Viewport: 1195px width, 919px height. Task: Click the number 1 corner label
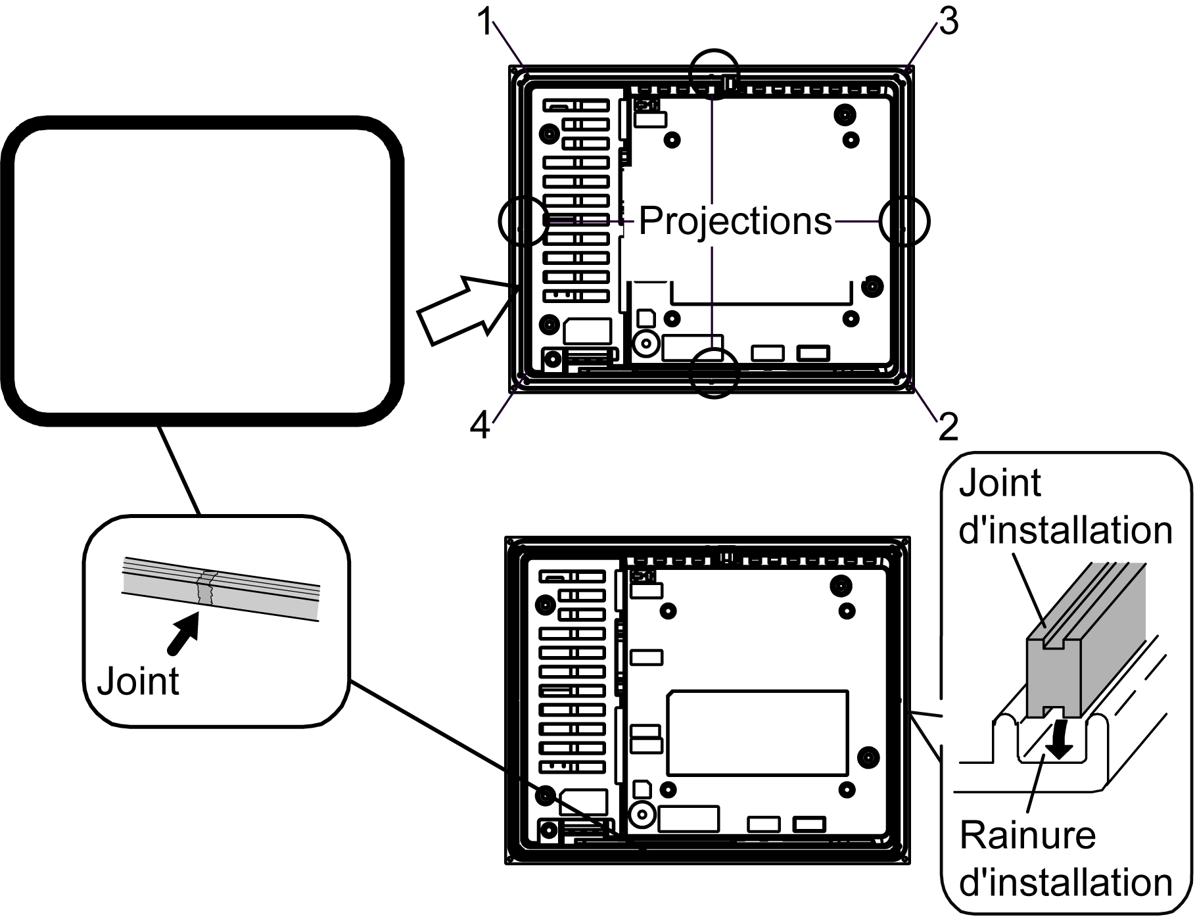[x=484, y=23]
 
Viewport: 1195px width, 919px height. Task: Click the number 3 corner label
[x=948, y=22]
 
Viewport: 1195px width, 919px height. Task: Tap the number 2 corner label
[x=948, y=427]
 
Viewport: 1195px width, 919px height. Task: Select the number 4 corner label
[x=480, y=426]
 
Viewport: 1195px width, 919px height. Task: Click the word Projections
[x=735, y=221]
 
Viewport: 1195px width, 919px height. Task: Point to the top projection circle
[x=715, y=74]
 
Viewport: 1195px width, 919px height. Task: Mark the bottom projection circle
[x=715, y=373]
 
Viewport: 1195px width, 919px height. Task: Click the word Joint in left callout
[x=138, y=682]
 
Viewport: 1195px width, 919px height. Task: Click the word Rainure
[x=1027, y=836]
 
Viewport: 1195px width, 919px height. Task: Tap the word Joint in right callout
[x=1000, y=484]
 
